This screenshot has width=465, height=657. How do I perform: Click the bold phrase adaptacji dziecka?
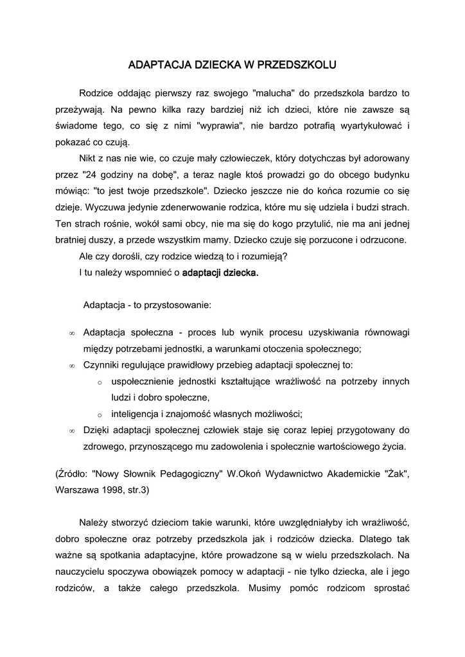click(220, 273)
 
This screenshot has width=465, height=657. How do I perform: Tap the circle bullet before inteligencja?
click(100, 414)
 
